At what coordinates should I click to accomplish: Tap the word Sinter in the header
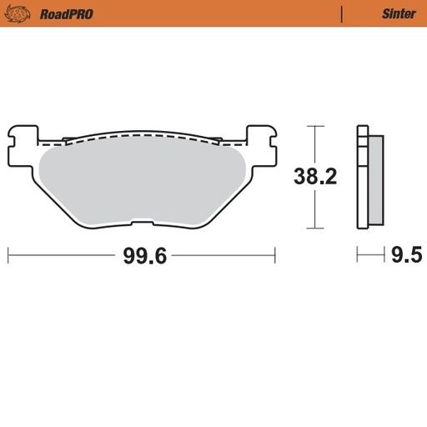click(x=399, y=13)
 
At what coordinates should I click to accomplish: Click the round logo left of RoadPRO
click(x=23, y=13)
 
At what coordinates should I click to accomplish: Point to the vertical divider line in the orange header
click(x=342, y=13)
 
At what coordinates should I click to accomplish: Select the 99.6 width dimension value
click(x=145, y=255)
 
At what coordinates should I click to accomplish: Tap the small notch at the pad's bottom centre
click(x=142, y=223)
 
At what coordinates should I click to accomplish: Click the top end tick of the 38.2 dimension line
click(x=314, y=126)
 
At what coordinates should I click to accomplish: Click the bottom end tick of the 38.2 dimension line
click(x=314, y=228)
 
